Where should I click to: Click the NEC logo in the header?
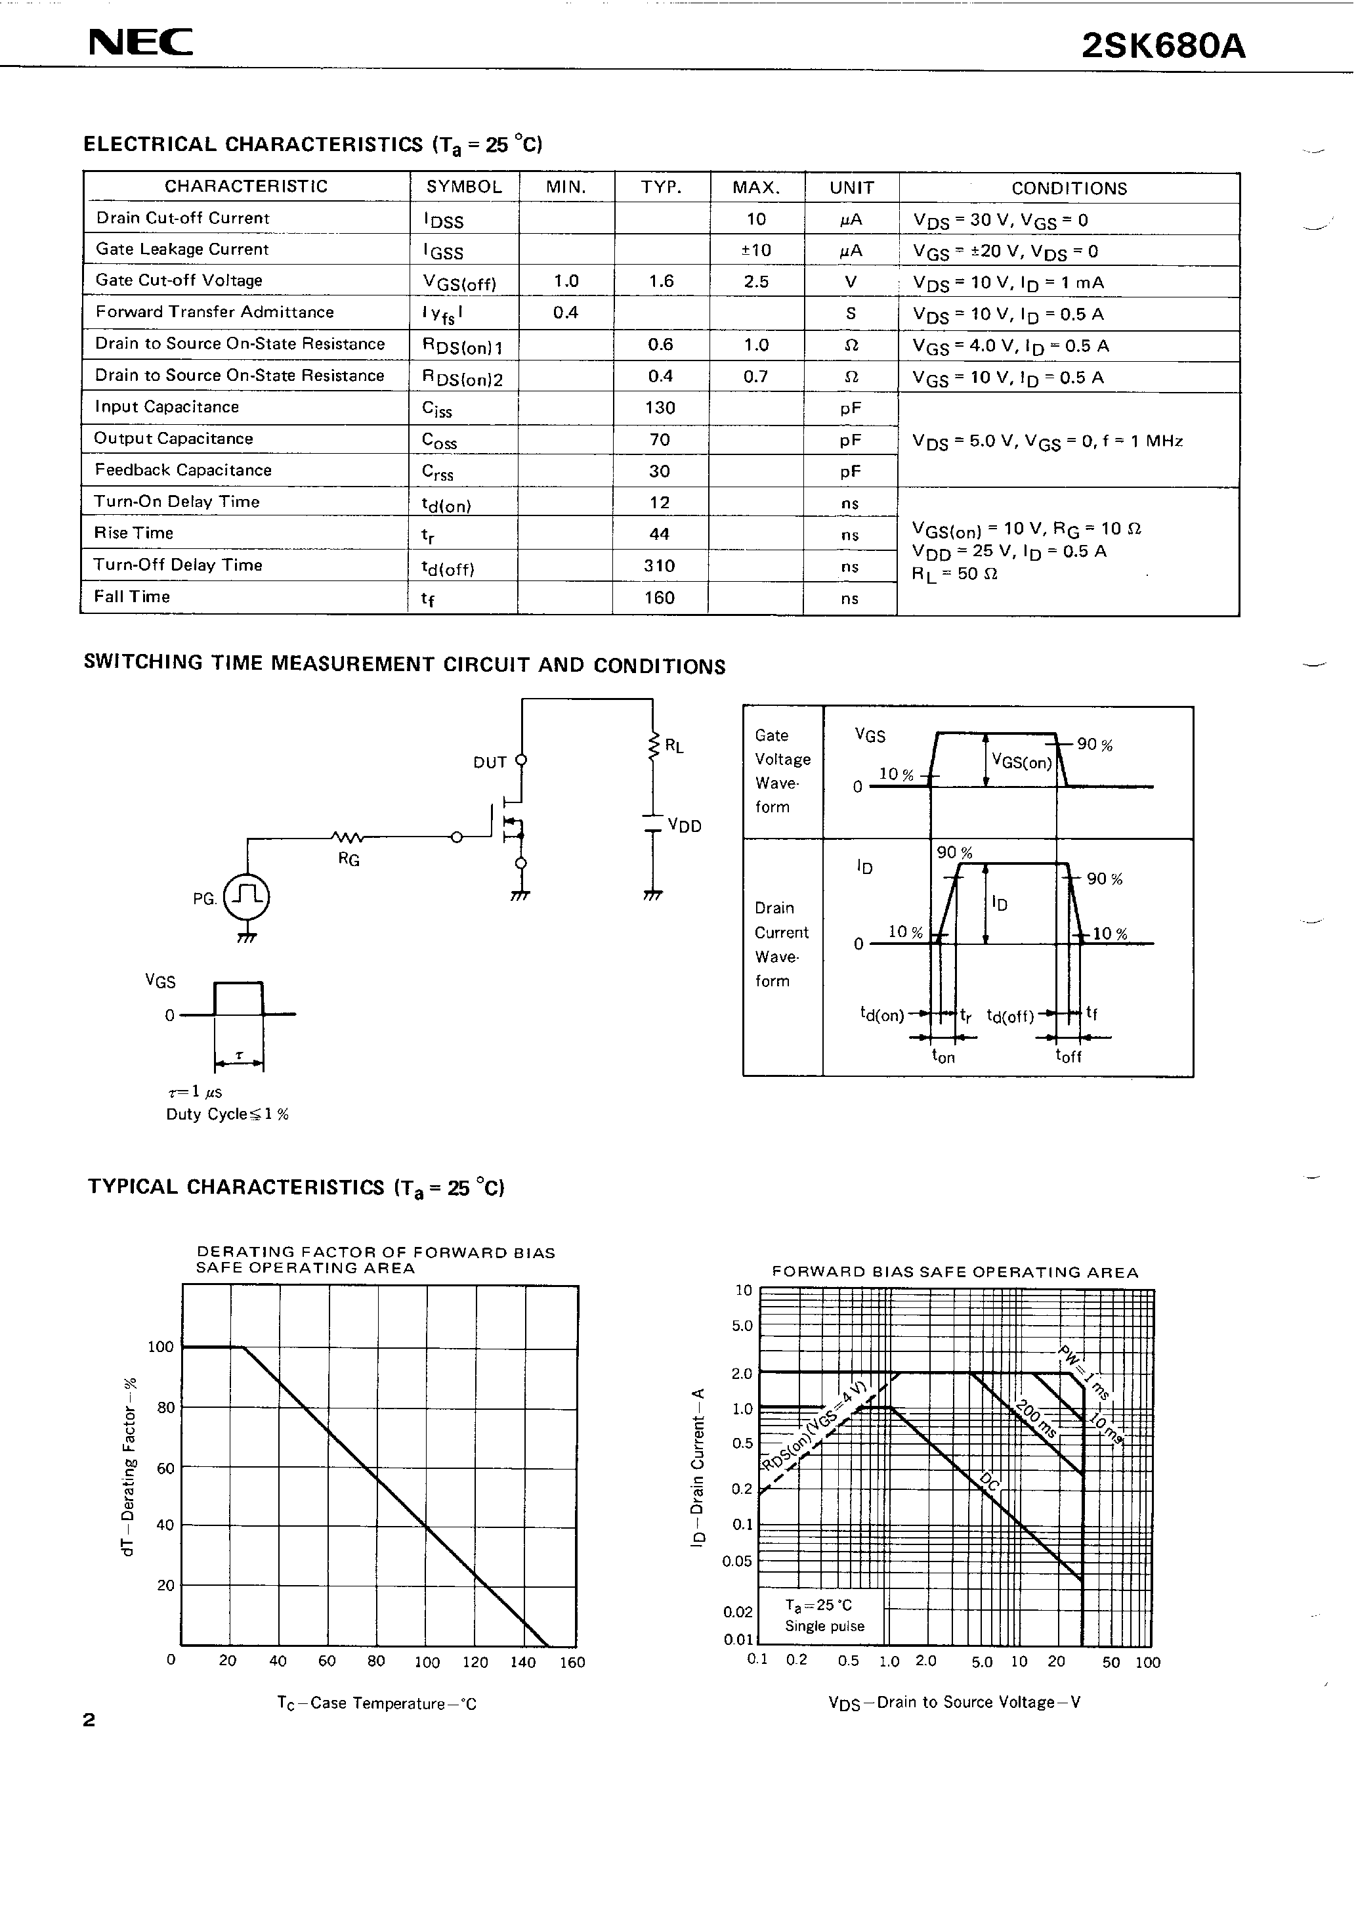pos(140,43)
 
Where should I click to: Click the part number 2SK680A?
pos(1163,47)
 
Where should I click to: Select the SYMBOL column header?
pos(464,187)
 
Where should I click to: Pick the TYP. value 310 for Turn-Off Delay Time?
pos(660,566)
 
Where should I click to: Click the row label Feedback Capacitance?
pos(183,470)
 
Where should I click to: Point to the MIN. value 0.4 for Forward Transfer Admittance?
pos(566,313)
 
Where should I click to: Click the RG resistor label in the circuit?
pos(349,859)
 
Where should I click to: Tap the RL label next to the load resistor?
pos(674,746)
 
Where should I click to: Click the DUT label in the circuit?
pos(490,762)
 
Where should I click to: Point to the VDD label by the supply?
pos(684,826)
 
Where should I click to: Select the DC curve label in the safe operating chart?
pos(990,1482)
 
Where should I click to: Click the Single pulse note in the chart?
pos(824,1626)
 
